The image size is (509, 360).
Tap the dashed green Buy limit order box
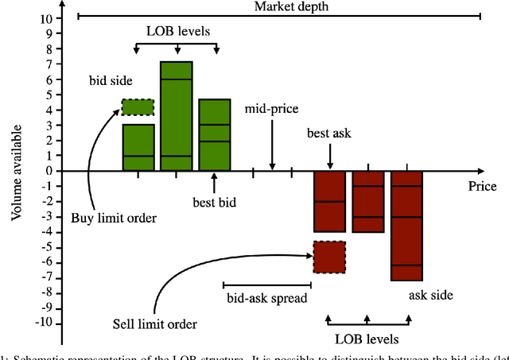(138, 106)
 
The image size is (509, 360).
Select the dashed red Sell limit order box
(328, 257)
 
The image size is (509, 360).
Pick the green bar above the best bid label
(214, 135)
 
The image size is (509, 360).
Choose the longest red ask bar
(406, 225)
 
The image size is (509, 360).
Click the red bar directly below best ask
(328, 201)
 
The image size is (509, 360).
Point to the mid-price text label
(271, 108)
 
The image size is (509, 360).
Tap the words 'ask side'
(430, 295)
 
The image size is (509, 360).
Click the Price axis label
(482, 187)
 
